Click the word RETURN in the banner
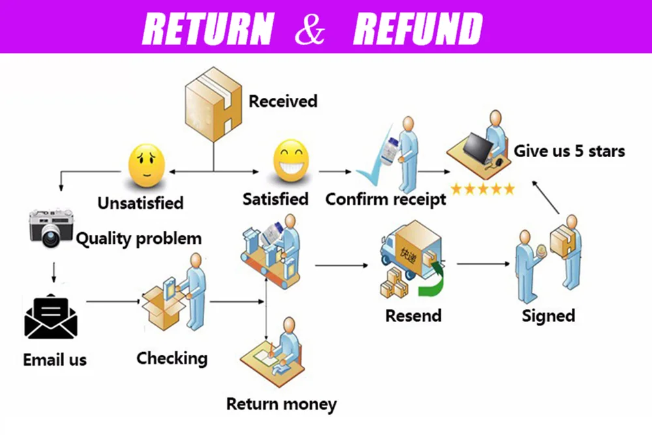click(208, 28)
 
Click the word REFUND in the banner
click(417, 28)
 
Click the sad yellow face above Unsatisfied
click(146, 166)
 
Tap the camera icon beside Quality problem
click(50, 228)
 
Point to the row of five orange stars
click(482, 190)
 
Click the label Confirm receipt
click(386, 199)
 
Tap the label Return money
click(281, 404)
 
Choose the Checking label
click(171, 357)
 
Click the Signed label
click(548, 316)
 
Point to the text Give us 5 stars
click(569, 151)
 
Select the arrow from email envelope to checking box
click(114, 301)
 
